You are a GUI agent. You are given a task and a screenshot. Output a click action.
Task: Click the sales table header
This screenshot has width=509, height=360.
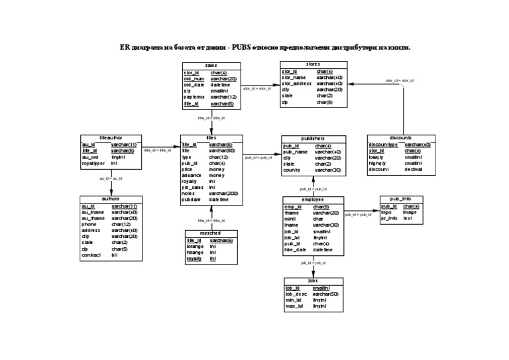tap(211, 66)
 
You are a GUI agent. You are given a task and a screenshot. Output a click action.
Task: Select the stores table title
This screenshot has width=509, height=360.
tap(313, 64)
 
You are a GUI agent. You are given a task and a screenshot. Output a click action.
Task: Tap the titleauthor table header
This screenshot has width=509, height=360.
tap(111, 137)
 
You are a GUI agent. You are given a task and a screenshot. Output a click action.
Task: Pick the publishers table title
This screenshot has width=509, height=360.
tap(313, 139)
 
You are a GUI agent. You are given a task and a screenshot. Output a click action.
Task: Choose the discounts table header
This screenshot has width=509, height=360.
tap(401, 137)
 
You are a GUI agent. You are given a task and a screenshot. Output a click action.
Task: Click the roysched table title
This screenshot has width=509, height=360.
tap(211, 233)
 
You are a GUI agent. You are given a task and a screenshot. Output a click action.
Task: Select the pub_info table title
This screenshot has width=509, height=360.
tap(400, 199)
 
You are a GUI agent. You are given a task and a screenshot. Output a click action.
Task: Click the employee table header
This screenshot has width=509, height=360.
tap(313, 200)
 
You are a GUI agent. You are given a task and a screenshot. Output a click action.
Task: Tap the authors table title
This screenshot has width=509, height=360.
tap(111, 199)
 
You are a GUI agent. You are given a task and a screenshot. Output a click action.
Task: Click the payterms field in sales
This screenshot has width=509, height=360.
tap(194, 97)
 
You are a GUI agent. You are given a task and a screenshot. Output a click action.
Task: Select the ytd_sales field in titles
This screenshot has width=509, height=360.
tap(194, 187)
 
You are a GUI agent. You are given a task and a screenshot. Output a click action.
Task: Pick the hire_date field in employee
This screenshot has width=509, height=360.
tap(295, 250)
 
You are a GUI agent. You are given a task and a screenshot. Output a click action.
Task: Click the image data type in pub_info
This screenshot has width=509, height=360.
tap(410, 212)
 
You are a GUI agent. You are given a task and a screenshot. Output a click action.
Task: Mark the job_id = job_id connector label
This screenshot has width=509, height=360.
tap(313, 263)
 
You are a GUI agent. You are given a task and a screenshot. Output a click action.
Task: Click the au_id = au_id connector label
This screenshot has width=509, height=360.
tap(111, 178)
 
